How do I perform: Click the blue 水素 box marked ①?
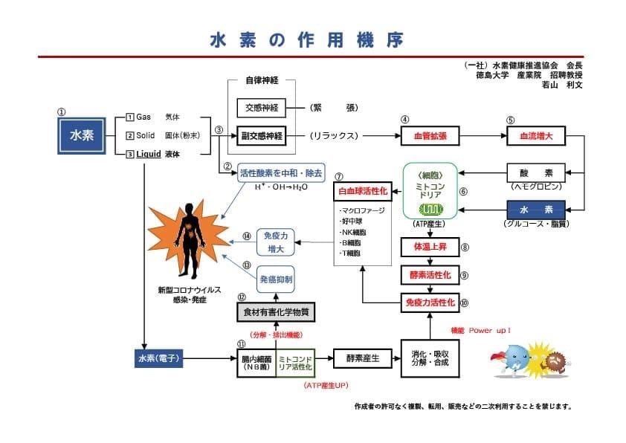[x=81, y=136]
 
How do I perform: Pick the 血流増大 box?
[x=531, y=137]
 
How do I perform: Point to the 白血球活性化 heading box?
[x=363, y=190]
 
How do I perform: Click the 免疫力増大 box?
[x=277, y=241]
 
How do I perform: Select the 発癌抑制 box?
[x=276, y=279]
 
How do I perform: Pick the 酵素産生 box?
[x=363, y=359]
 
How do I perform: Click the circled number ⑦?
[x=339, y=177]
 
